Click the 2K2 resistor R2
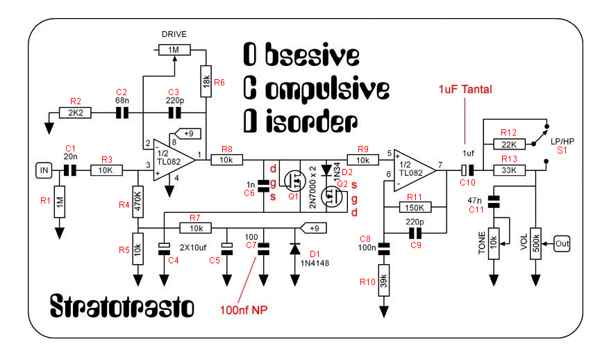(x=76, y=112)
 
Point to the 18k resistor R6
(x=206, y=82)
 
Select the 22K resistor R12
(x=509, y=144)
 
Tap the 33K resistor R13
(x=509, y=170)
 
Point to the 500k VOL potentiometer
(x=535, y=243)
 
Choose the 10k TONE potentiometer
(x=494, y=243)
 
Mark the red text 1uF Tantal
(x=465, y=90)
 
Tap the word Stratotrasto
(x=122, y=306)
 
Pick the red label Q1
(x=292, y=196)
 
